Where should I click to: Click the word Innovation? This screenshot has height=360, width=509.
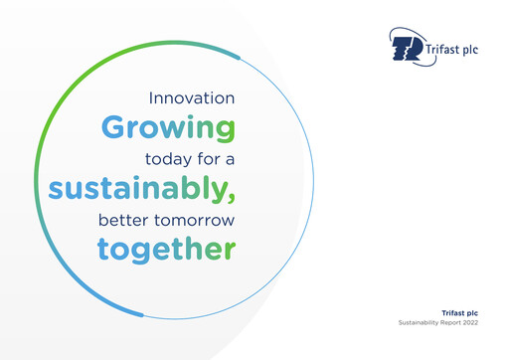(191, 98)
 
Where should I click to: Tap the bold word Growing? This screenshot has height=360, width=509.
(168, 128)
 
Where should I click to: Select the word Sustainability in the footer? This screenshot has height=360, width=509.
(422, 325)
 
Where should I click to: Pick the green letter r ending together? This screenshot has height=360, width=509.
(230, 248)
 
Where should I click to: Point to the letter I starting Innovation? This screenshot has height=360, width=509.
(150, 98)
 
